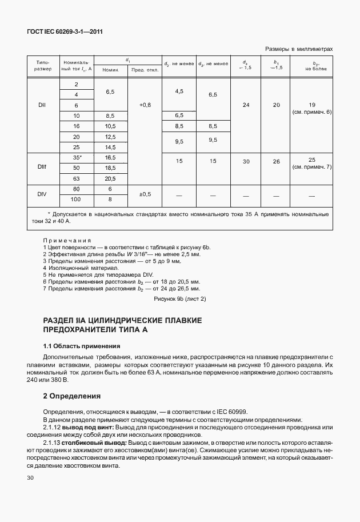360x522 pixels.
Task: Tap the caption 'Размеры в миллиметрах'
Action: [x=299, y=50]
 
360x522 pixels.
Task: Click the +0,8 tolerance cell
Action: [x=145, y=105]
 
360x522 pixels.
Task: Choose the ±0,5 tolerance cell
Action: [x=145, y=194]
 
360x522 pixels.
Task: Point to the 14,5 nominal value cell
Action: [x=110, y=147]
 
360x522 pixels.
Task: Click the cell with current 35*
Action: [x=76, y=157]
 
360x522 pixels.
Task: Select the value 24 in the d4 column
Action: [x=246, y=105]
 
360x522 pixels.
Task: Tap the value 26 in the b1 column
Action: [x=277, y=162]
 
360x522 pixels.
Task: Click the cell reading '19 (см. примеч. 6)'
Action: [x=311, y=109]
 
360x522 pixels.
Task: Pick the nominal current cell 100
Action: [x=76, y=200]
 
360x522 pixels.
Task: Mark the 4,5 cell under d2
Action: [x=179, y=91]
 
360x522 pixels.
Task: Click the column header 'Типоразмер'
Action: [x=43, y=65]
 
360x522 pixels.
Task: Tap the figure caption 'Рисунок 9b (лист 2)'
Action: [x=179, y=298]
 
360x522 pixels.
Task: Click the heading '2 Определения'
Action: [x=72, y=396]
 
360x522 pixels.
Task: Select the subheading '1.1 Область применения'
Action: [x=82, y=346]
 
